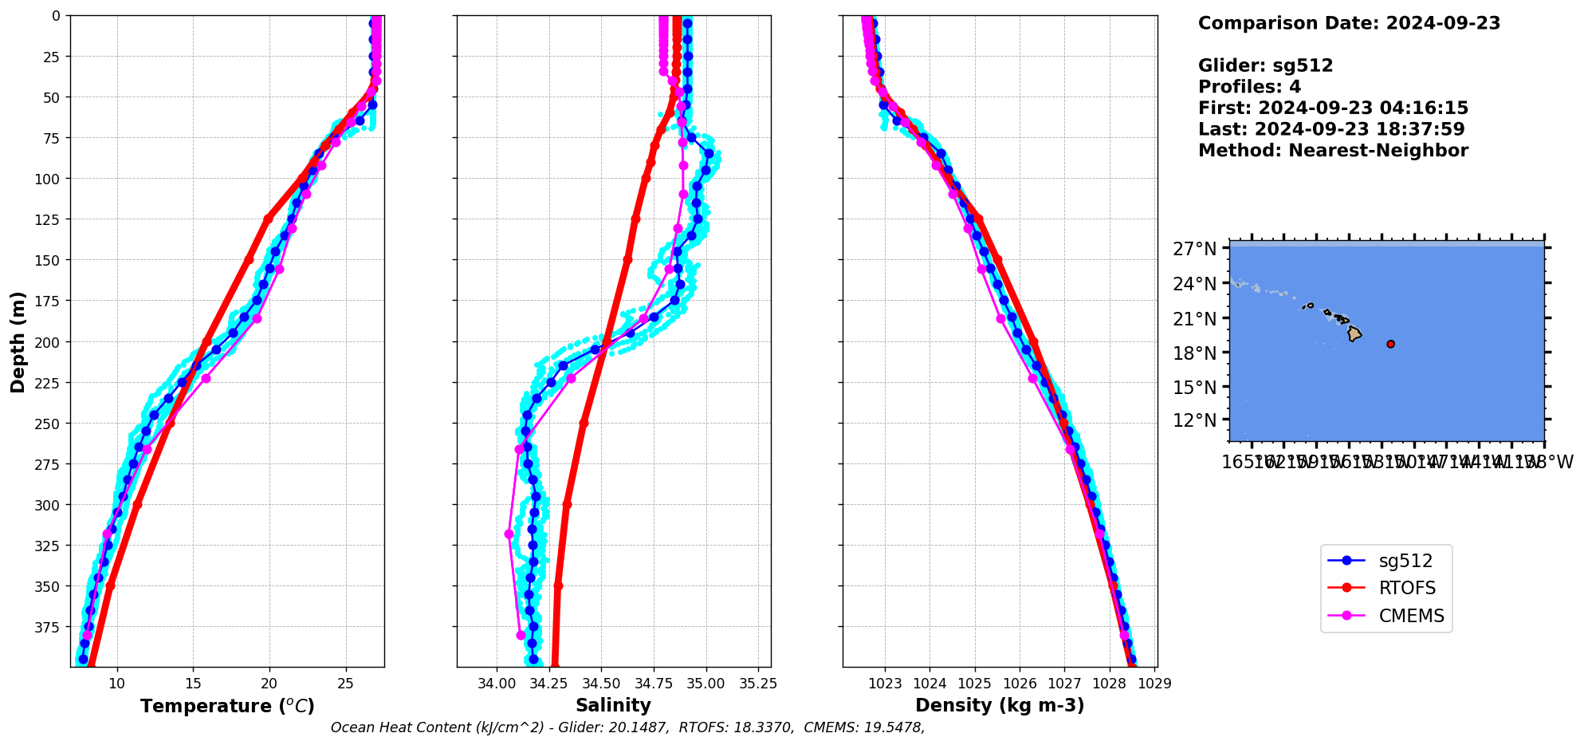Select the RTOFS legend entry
[x=1407, y=589]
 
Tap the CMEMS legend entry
[x=1411, y=616]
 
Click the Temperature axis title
[x=227, y=706]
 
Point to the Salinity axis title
[x=613, y=705]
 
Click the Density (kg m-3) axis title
[x=1000, y=705]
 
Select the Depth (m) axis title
[x=18, y=341]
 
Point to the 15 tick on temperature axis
[x=193, y=684]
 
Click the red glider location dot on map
[x=1390, y=344]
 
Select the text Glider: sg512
[x=1265, y=65]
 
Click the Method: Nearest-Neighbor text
[x=1333, y=151]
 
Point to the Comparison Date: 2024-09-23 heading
[x=1349, y=23]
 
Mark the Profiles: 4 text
[x=1249, y=87]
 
